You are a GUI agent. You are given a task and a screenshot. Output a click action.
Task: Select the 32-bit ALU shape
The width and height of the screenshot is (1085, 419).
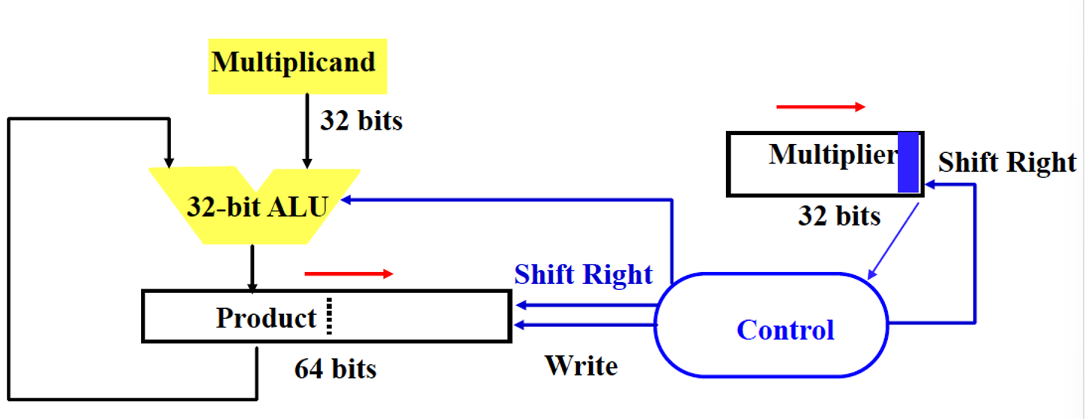(256, 206)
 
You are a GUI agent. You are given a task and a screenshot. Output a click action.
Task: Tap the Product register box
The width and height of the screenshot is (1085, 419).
(327, 316)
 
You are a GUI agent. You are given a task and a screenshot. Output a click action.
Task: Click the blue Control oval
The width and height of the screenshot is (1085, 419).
(771, 325)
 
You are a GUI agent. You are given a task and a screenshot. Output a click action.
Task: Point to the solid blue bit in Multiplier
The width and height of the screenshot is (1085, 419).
(908, 162)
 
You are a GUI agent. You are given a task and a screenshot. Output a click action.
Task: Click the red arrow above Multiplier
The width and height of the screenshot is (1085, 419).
(820, 107)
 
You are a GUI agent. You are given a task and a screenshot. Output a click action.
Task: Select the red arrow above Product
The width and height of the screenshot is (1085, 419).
(348, 274)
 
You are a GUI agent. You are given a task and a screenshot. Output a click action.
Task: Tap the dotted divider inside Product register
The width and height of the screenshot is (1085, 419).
(329, 316)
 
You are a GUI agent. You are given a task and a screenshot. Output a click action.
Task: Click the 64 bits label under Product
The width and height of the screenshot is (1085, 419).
(335, 369)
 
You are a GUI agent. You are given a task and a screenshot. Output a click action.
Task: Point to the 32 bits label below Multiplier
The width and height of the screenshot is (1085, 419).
(838, 217)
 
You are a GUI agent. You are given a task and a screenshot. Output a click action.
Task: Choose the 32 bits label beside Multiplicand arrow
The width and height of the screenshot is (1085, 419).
(361, 121)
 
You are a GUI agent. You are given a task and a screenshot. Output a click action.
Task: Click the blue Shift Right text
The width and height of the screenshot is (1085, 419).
(583, 274)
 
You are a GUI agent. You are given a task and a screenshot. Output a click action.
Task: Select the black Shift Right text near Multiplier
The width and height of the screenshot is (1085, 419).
(1006, 163)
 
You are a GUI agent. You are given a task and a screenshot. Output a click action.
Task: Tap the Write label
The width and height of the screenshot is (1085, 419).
(581, 366)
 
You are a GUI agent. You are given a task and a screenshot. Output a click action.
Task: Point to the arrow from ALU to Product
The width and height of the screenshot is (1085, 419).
(253, 268)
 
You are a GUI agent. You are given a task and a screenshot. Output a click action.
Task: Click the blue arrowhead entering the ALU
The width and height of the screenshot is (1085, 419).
(346, 200)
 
